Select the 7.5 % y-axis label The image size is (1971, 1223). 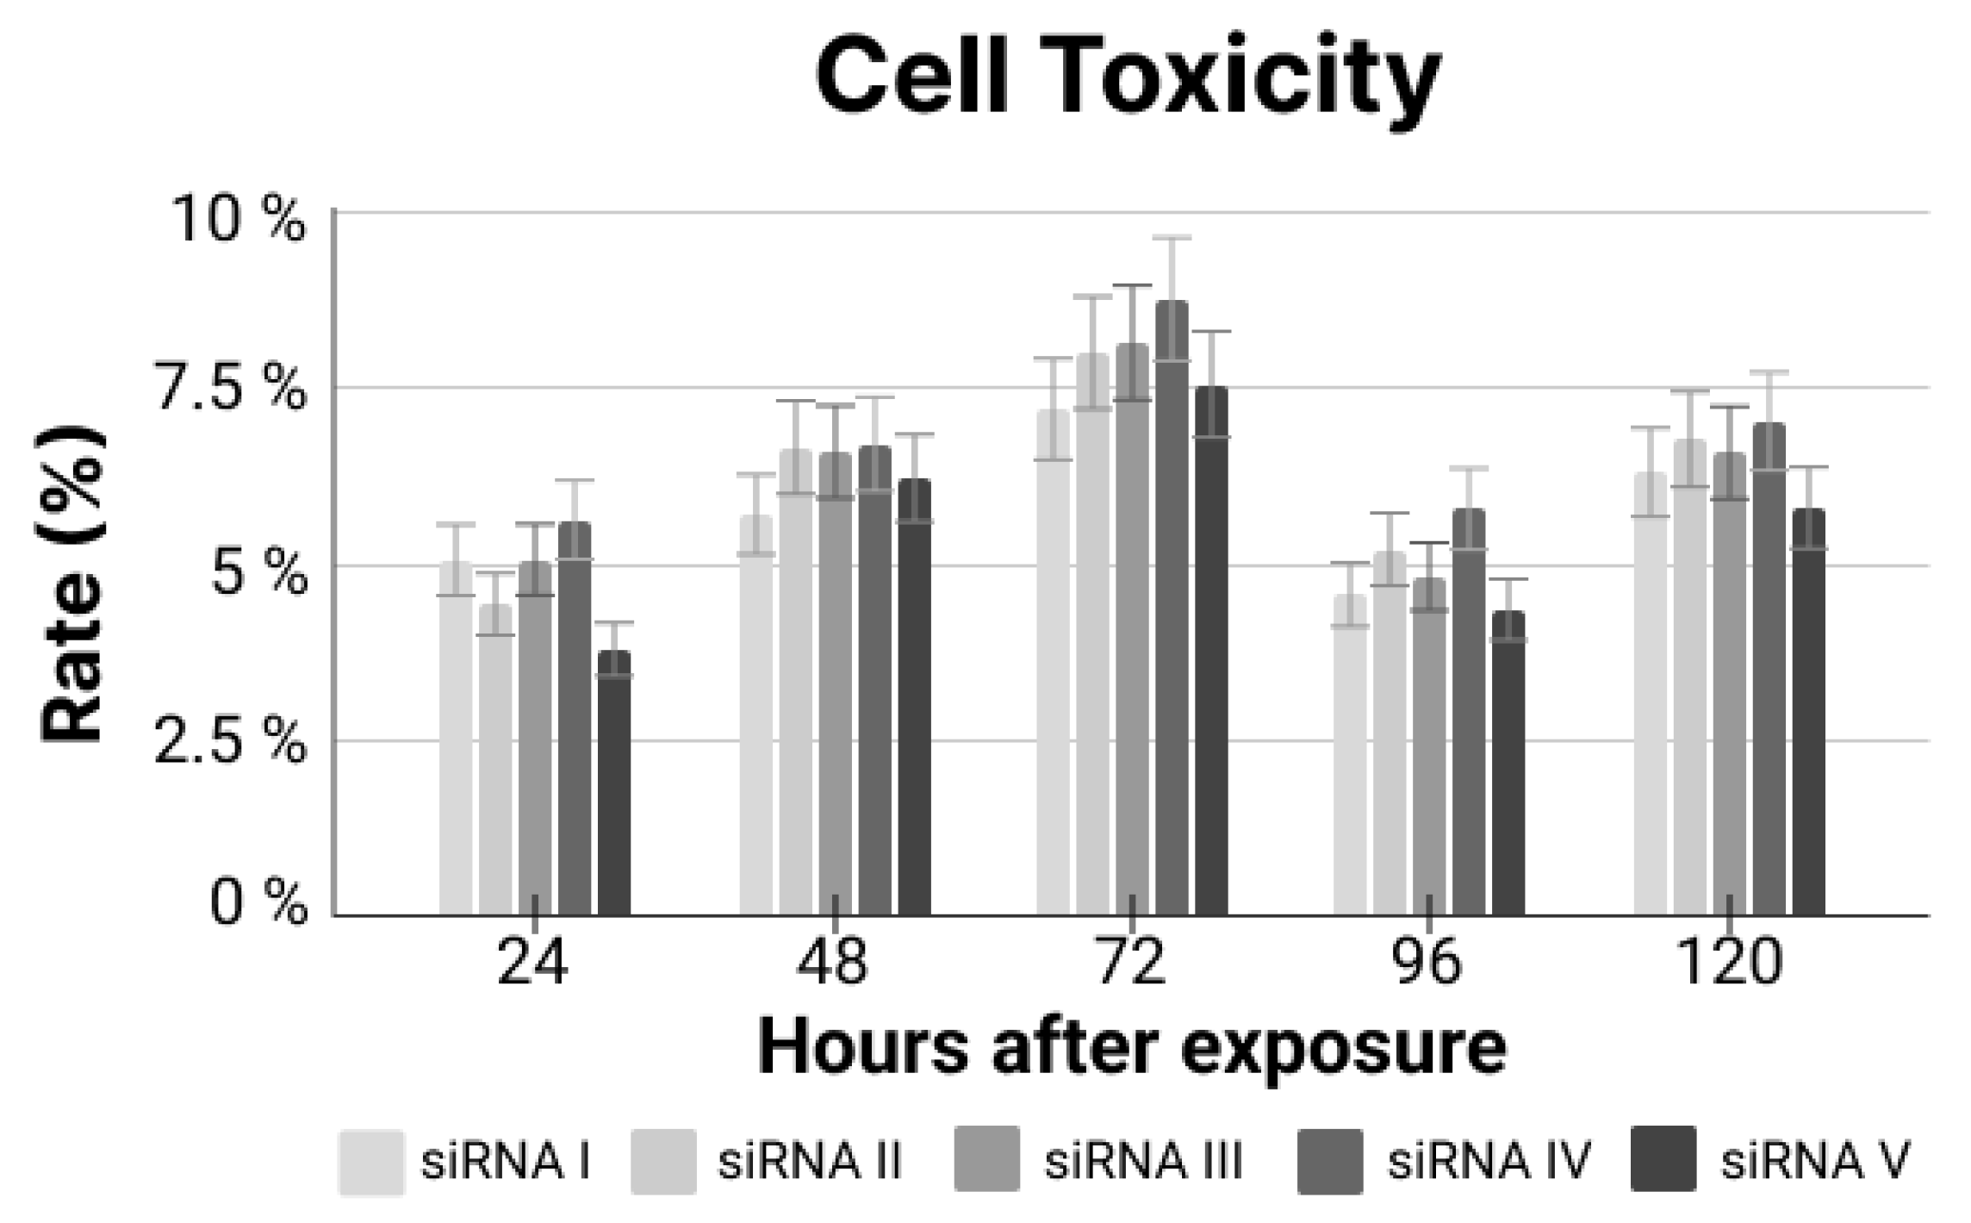coord(230,390)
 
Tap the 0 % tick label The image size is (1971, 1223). coord(258,906)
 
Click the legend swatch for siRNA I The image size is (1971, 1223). coord(371,1161)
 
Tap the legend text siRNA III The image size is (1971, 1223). coord(1143,1161)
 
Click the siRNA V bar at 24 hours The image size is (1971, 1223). coord(614,784)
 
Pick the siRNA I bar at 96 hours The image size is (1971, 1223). coord(1350,755)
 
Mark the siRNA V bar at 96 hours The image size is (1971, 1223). coord(1508,764)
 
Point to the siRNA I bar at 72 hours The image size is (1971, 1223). coord(1053,663)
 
